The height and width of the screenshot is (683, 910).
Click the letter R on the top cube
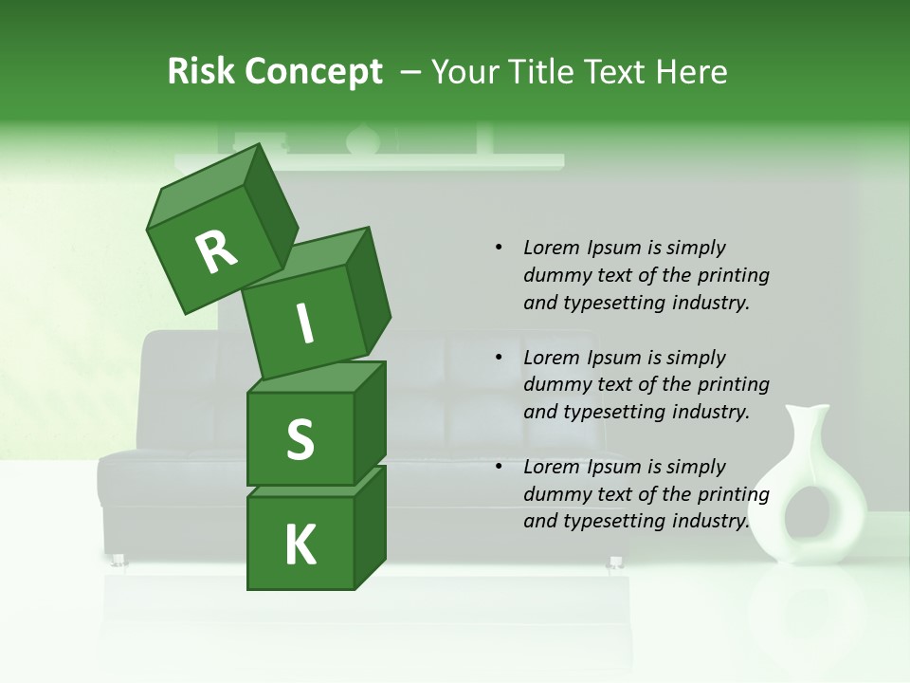click(216, 252)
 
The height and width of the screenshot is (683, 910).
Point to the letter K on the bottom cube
click(300, 545)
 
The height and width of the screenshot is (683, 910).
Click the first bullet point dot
click(499, 249)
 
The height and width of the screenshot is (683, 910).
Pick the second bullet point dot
click(499, 359)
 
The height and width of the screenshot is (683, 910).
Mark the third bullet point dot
click(499, 468)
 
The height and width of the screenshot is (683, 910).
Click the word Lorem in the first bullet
click(552, 248)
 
